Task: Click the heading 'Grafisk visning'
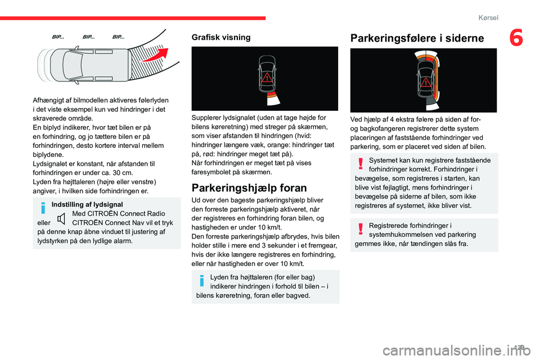pos(221,37)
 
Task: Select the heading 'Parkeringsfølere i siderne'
pos(417,38)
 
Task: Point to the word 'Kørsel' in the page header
pos(488,18)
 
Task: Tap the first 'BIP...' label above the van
pos(58,37)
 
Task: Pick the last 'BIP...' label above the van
pos(119,37)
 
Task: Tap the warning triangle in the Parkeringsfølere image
pos(426,82)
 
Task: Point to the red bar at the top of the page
pos(133,18)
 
